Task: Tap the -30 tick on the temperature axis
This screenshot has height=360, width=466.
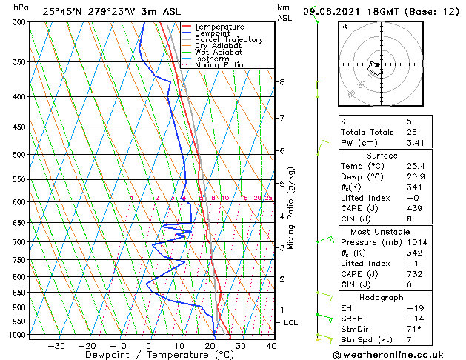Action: pos(56,346)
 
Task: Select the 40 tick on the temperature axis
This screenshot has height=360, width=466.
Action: pos(271,346)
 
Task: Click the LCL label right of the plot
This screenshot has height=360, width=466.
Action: pos(291,323)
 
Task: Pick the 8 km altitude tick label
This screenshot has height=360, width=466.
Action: pos(282,81)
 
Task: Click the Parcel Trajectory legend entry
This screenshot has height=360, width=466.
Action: pos(228,40)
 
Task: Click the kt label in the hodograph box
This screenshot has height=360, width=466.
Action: pos(344,26)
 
